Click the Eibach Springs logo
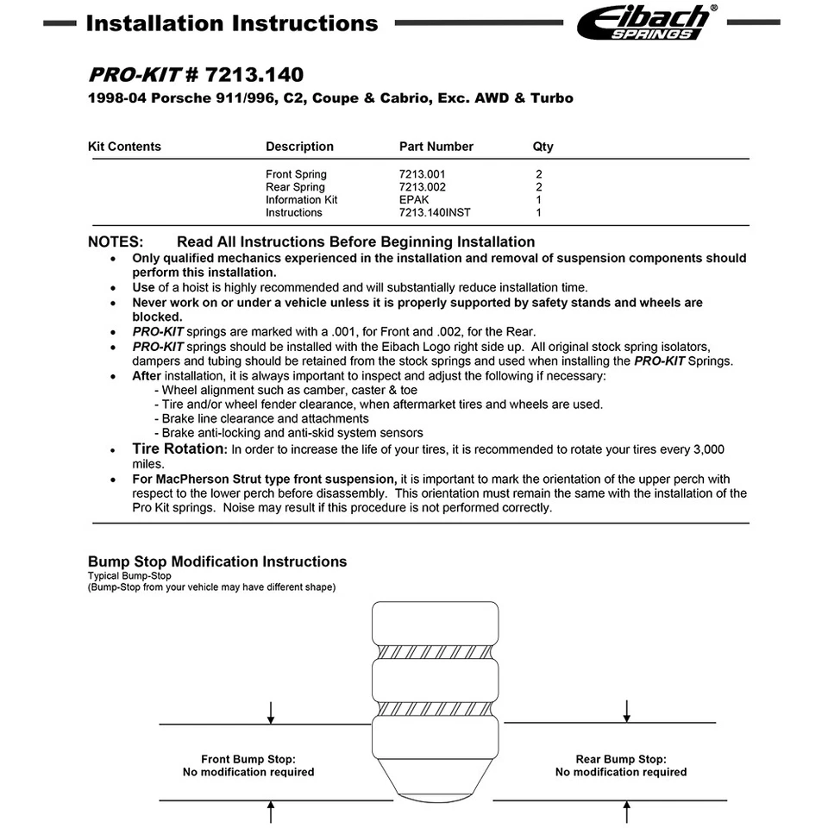tap(646, 22)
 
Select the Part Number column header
tap(436, 147)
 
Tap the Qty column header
tap(543, 147)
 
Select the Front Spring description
tap(296, 174)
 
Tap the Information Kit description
tap(301, 200)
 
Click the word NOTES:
tap(116, 242)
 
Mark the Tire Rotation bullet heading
tap(179, 448)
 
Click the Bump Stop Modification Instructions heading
tap(217, 561)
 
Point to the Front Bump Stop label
tap(248, 760)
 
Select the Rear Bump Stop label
tap(621, 760)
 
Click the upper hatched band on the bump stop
tap(436, 650)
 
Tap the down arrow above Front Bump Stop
tap(271, 712)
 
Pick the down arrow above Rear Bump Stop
tap(627, 711)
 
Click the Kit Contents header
tap(124, 147)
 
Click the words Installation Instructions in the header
tap(232, 23)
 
